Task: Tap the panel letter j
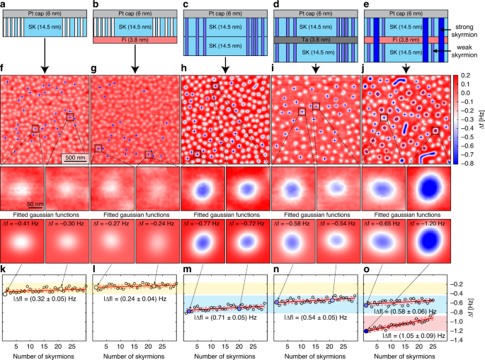[x=365, y=69]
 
